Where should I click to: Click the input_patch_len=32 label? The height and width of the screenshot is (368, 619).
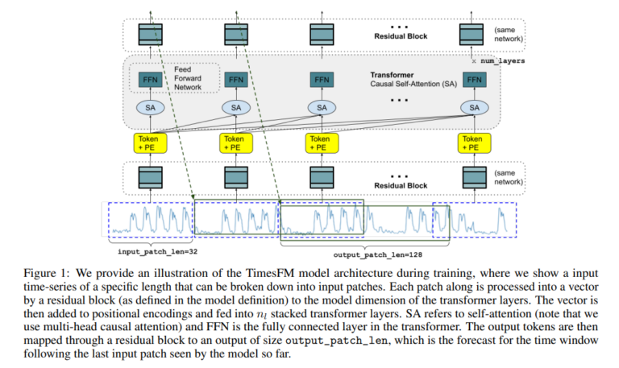point(157,252)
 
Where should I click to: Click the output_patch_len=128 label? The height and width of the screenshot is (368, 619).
point(378,254)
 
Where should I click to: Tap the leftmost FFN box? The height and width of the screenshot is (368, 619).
point(150,80)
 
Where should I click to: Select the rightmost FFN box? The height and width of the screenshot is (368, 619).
point(474,80)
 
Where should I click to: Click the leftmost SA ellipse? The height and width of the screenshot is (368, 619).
point(151,108)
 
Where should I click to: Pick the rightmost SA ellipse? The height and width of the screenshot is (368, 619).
point(475,108)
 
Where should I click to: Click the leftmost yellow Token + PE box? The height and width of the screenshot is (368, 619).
point(150,143)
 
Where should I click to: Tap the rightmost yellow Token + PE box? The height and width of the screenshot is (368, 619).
point(474,143)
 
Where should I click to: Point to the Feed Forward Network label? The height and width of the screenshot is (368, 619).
point(188,78)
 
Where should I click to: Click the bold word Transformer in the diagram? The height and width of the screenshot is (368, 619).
point(392,75)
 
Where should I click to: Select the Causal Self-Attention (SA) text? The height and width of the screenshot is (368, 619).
point(413,84)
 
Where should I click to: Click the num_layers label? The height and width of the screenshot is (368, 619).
point(503,60)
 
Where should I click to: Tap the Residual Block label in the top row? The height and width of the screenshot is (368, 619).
point(401,36)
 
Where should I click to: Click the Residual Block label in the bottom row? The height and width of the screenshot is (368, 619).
point(401,185)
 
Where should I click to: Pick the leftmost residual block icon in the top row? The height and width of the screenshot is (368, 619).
point(151,35)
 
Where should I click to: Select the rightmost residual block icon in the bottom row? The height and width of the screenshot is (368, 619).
point(475,177)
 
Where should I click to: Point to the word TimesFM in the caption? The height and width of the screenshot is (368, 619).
point(266,273)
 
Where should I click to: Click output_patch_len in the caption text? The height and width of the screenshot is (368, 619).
point(336,340)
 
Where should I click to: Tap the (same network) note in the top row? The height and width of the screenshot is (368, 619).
point(509,35)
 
